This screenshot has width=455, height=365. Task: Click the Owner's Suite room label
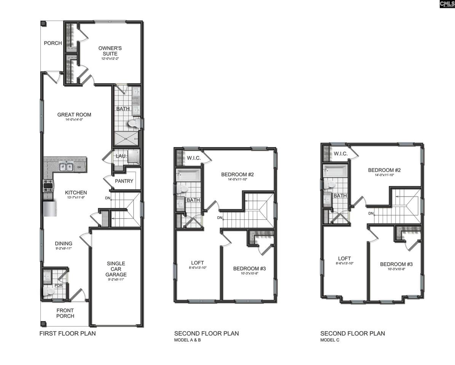(110, 51)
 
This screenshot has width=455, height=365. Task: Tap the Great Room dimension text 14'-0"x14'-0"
(74, 119)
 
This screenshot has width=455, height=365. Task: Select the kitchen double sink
(66, 167)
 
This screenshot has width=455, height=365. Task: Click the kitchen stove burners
(48, 186)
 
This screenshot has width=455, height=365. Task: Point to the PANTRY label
(124, 181)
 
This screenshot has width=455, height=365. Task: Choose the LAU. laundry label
(121, 156)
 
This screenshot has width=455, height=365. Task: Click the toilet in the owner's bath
(134, 124)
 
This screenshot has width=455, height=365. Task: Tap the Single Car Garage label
(116, 269)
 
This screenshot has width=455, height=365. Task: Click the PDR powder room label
(59, 285)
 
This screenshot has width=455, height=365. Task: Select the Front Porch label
(65, 313)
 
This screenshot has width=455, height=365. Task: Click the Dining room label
(64, 244)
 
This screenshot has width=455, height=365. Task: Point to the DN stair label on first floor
(108, 198)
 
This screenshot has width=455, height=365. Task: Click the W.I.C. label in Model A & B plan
(193, 158)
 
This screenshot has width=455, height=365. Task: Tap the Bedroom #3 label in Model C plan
(396, 264)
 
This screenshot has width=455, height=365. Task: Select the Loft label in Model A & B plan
(197, 263)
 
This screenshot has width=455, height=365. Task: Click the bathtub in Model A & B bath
(188, 176)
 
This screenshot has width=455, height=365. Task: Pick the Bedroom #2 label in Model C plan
(384, 170)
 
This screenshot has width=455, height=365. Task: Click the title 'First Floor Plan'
(68, 333)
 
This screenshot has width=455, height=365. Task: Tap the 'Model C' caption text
(330, 340)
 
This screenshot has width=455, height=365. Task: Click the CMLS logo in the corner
(447, 4)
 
